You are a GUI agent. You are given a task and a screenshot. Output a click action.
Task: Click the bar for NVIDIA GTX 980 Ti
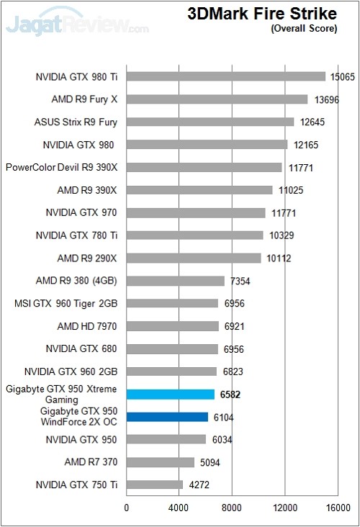[225, 76]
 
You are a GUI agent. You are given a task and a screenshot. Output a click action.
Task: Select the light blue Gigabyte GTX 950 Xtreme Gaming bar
[170, 394]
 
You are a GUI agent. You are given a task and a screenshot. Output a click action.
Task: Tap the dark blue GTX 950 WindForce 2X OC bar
[167, 417]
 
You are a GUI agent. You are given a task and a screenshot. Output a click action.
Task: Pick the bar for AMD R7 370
[160, 462]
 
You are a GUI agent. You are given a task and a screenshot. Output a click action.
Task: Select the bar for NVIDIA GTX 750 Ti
[154, 485]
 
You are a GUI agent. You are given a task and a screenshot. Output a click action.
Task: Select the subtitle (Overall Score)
[303, 29]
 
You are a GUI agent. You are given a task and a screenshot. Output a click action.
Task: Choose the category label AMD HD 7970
[87, 326]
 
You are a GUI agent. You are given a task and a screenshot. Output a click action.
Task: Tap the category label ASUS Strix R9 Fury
[76, 122]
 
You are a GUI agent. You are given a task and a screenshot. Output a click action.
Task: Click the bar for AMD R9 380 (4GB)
[175, 281]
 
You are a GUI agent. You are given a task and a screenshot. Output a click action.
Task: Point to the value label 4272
[199, 485]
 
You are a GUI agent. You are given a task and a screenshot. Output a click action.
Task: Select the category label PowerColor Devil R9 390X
[61, 167]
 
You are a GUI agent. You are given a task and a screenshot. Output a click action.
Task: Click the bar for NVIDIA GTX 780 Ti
[194, 235]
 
